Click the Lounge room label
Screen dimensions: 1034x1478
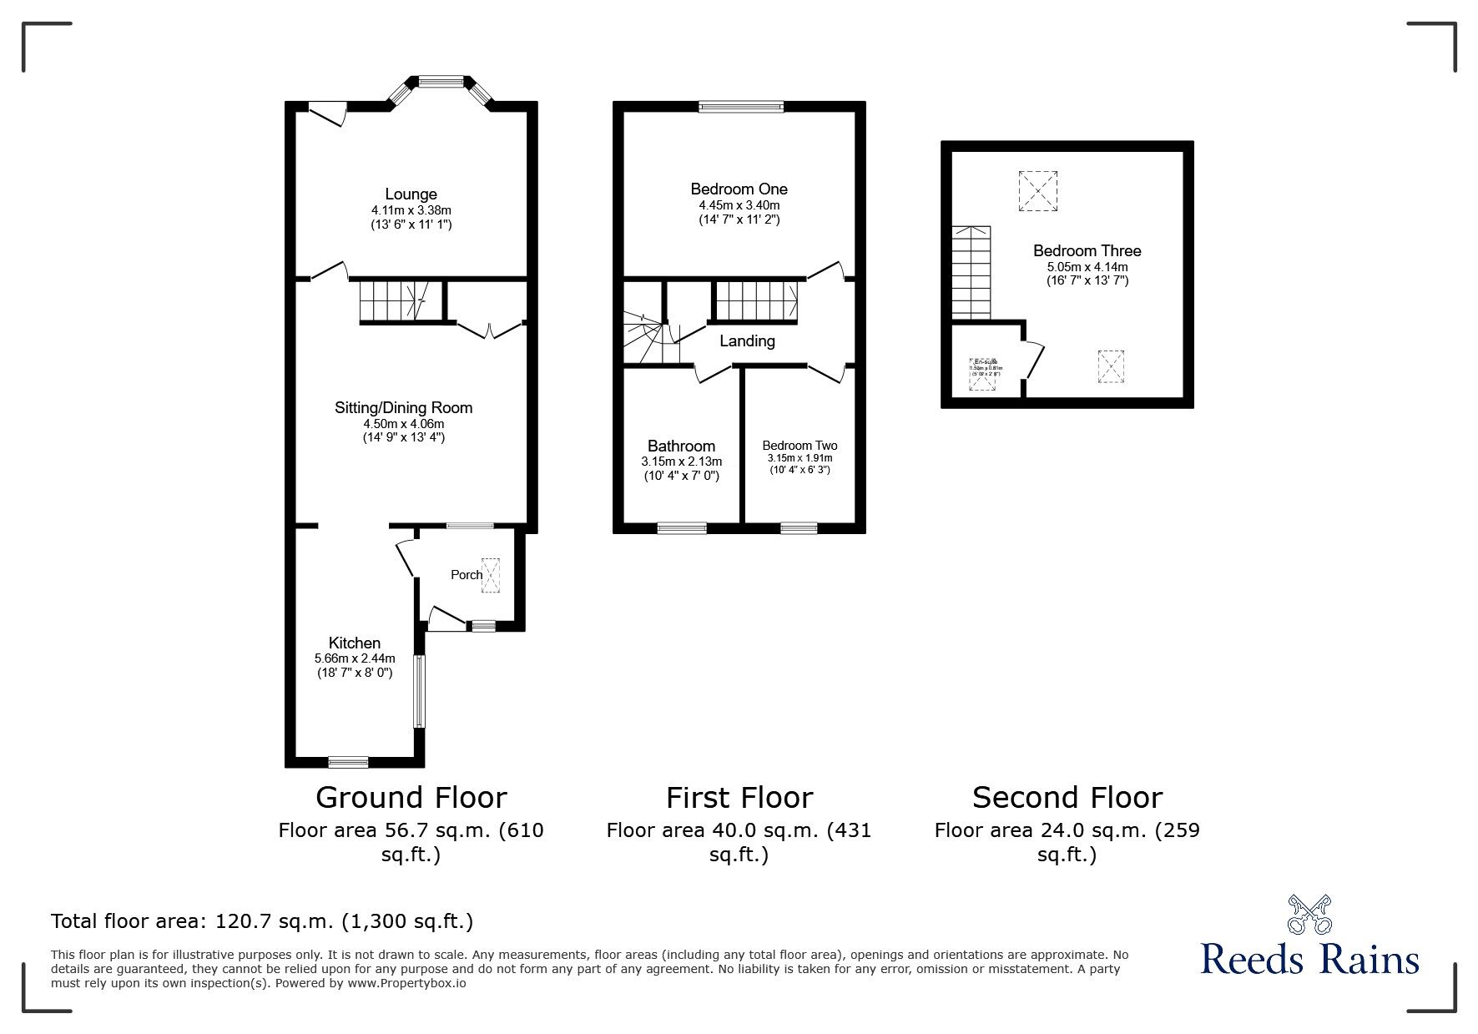click(x=411, y=195)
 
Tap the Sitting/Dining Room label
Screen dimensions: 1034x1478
click(x=403, y=408)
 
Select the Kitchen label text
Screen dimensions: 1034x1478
click(x=355, y=643)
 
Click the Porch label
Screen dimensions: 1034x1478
click(x=466, y=575)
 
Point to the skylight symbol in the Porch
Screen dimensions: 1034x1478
click(x=490, y=576)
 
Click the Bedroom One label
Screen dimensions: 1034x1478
click(x=739, y=189)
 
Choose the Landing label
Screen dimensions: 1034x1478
click(x=747, y=341)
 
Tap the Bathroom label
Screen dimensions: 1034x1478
click(x=681, y=446)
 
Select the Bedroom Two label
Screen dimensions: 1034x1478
click(x=800, y=446)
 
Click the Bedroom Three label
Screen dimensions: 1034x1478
click(x=1087, y=251)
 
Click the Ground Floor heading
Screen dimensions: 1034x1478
click(x=411, y=798)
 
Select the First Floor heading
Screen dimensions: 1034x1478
click(x=739, y=798)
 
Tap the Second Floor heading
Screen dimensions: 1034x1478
click(x=1067, y=798)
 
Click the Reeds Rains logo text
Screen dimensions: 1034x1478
click(x=1309, y=959)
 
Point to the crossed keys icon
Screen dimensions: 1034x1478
click(x=1309, y=915)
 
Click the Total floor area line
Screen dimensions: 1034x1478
click(x=262, y=921)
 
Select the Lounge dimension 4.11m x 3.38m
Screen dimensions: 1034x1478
click(x=411, y=211)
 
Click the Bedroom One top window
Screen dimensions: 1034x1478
click(x=741, y=106)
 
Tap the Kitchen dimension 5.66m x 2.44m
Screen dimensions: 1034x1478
click(x=355, y=658)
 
